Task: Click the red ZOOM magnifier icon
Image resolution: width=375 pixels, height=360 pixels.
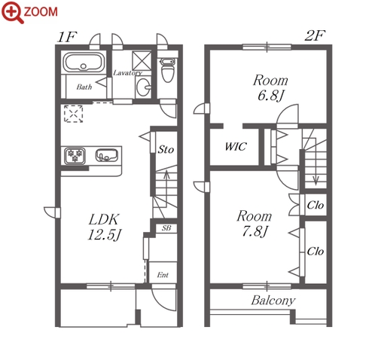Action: pyautogui.click(x=13, y=12)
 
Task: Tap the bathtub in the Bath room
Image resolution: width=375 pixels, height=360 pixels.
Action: pyautogui.click(x=84, y=63)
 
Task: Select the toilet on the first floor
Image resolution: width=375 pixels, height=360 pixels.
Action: pyautogui.click(x=167, y=70)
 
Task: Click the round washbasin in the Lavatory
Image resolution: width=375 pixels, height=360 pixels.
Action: pyautogui.click(x=143, y=87)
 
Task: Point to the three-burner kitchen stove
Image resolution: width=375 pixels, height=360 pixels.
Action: pyautogui.click(x=75, y=156)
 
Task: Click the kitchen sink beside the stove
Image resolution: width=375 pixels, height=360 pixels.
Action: pyautogui.click(x=107, y=155)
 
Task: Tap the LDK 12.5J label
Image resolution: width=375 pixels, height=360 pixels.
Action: pyautogui.click(x=104, y=227)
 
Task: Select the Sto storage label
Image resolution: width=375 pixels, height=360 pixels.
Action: pyautogui.click(x=166, y=150)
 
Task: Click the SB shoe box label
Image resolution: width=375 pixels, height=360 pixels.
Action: pyautogui.click(x=166, y=228)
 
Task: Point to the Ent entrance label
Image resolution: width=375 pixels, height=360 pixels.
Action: pyautogui.click(x=163, y=275)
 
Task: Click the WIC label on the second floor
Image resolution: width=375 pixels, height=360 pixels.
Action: pyautogui.click(x=236, y=147)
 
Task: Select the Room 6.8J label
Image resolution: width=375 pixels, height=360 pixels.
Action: pyautogui.click(x=270, y=87)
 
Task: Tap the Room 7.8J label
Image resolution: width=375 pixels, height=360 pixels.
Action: pyautogui.click(x=255, y=224)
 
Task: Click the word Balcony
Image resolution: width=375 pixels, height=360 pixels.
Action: pyautogui.click(x=273, y=301)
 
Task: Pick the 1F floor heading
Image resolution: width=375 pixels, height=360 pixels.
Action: pyautogui.click(x=66, y=37)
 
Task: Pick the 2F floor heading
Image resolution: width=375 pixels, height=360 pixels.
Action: pyautogui.click(x=315, y=35)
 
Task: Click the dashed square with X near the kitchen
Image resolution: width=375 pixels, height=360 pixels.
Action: pyautogui.click(x=73, y=114)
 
